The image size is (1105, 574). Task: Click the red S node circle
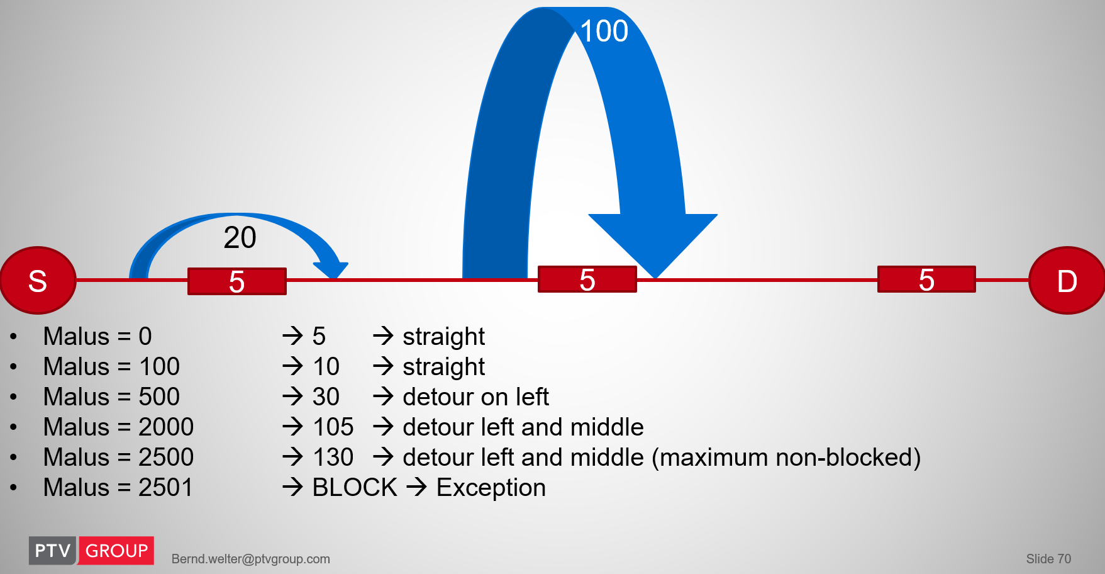click(38, 280)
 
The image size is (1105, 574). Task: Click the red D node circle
click(1067, 280)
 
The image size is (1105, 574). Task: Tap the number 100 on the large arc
click(604, 31)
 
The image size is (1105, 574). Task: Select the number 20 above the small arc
click(240, 237)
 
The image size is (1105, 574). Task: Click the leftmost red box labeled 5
click(237, 281)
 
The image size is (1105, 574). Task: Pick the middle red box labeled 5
click(587, 279)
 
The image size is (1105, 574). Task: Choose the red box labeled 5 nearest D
click(926, 279)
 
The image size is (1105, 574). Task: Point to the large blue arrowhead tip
click(655, 278)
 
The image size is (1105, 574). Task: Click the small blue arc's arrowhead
click(331, 270)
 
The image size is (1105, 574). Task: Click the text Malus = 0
click(97, 336)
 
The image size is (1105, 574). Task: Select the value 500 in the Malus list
click(159, 397)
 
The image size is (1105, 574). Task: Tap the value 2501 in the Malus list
click(165, 487)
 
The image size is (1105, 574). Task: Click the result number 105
click(333, 427)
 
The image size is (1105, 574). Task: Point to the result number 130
click(333, 457)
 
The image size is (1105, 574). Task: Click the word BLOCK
click(355, 487)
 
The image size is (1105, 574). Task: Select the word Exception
click(491, 488)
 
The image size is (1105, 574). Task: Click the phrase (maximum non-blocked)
click(786, 458)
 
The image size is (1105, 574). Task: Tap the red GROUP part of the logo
click(116, 551)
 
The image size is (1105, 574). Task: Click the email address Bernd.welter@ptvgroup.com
click(251, 559)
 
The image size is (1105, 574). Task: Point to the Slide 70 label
click(1048, 559)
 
